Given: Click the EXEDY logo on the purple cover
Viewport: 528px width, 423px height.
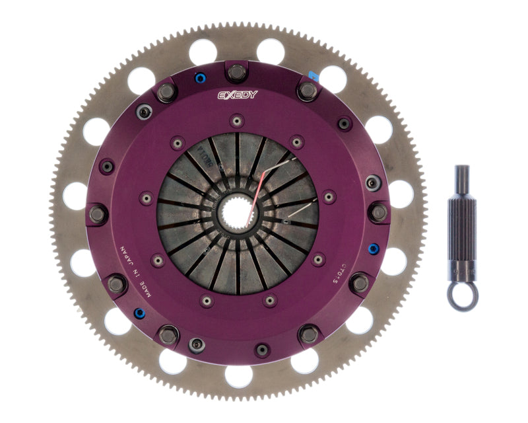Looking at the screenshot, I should point(238,95).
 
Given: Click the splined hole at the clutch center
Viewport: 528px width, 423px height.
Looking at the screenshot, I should point(237,212).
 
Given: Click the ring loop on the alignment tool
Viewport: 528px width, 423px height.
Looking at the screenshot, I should point(461,295).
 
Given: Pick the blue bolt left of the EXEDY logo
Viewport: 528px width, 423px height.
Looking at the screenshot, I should point(199,80).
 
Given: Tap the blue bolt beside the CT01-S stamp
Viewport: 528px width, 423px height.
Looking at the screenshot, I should point(374,249).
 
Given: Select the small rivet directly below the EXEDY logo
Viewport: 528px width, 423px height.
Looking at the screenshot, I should point(237,120).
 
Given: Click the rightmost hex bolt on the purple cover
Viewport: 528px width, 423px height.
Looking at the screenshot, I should point(379,212).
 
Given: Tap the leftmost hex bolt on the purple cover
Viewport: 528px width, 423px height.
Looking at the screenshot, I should point(96,213).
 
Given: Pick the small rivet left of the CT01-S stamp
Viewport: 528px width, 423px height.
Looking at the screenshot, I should point(318,258).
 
